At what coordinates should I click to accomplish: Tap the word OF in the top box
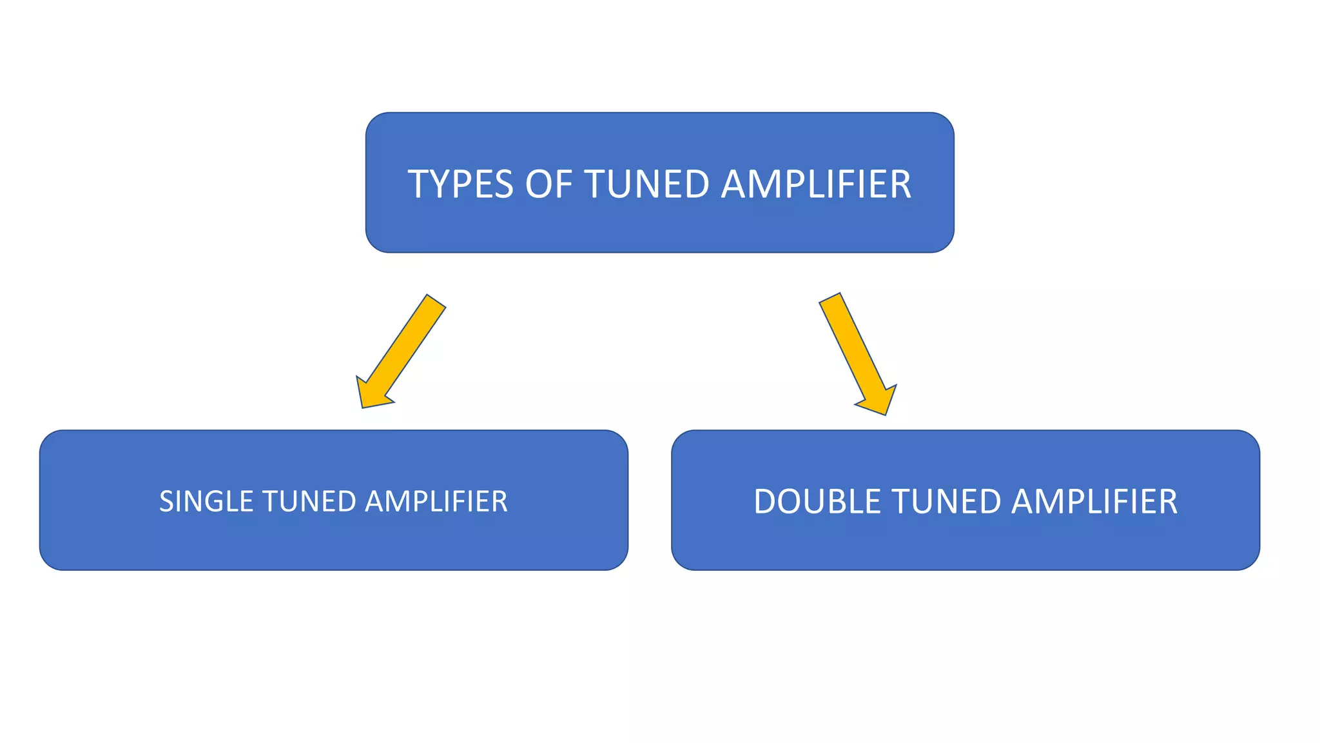tap(548, 184)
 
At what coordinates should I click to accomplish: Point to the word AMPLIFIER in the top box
tap(815, 184)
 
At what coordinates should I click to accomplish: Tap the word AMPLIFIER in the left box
tap(436, 502)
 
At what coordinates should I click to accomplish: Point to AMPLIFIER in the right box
tap(1094, 502)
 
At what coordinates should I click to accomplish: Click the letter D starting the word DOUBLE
tap(764, 502)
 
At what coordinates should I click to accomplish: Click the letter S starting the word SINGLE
tap(166, 502)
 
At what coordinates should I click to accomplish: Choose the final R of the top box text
tap(902, 184)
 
